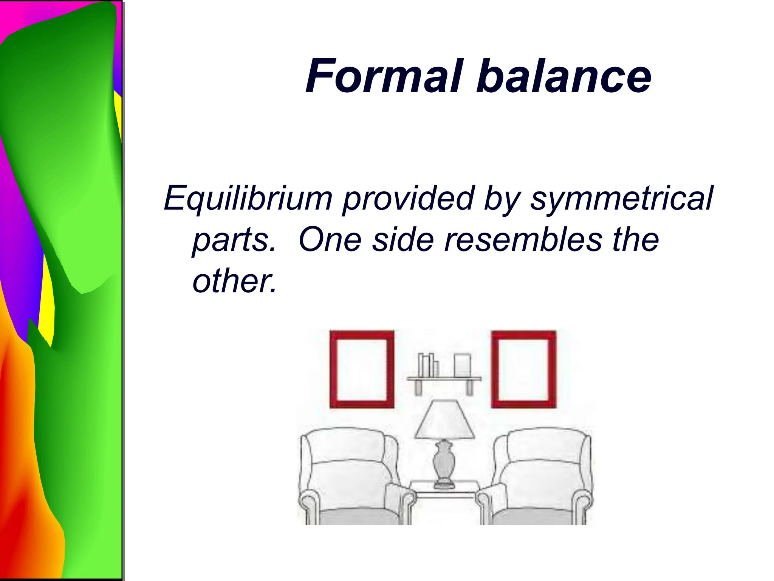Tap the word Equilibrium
pyautogui.click(x=248, y=198)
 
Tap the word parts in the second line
pyautogui.click(x=234, y=240)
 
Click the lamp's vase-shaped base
pyautogui.click(x=444, y=461)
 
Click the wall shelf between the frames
pyautogui.click(x=444, y=379)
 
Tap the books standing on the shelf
pyautogui.click(x=427, y=365)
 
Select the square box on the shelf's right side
pyautogui.click(x=462, y=365)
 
